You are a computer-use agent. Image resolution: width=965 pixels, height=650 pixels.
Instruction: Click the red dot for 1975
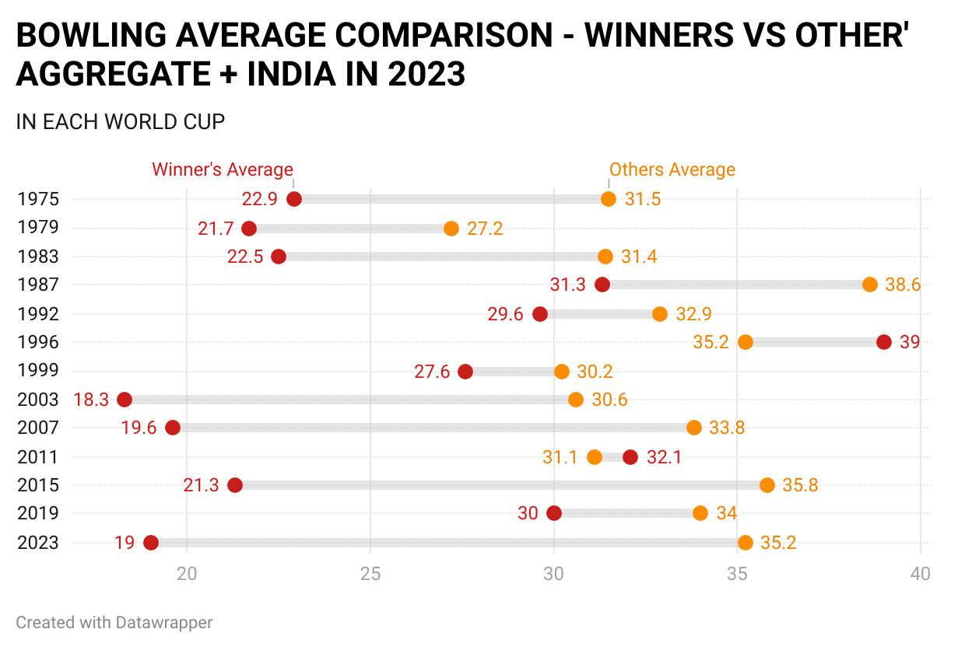[294, 199]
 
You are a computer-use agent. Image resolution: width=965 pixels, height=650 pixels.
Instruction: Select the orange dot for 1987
[870, 285]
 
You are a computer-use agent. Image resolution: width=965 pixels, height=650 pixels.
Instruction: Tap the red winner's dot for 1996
[884, 342]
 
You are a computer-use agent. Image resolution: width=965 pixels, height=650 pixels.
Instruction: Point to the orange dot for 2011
[595, 457]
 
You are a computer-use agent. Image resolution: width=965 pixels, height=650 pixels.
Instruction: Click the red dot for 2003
[125, 400]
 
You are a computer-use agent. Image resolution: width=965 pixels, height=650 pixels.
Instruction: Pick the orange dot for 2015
[767, 485]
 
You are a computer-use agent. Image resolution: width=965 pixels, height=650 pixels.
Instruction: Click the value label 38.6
[903, 285]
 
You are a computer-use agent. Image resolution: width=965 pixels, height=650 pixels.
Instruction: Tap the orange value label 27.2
[485, 229]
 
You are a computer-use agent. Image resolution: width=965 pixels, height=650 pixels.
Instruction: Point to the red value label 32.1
[664, 457]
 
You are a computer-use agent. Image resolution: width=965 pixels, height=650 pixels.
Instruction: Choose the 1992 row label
[38, 314]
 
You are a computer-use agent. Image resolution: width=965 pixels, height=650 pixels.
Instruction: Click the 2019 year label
[38, 513]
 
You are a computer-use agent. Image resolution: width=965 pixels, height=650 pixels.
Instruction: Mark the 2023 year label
[38, 543]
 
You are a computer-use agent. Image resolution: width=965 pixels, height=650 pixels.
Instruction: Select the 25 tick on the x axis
[370, 574]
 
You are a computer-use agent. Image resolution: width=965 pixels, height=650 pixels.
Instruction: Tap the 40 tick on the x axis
[921, 574]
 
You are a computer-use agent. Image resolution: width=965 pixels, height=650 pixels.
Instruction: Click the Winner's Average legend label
[223, 169]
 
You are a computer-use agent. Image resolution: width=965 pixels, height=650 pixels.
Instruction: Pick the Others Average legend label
[672, 169]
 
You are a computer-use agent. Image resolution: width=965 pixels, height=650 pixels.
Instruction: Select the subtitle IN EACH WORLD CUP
[121, 122]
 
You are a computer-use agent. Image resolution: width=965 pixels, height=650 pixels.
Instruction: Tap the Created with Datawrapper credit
[114, 622]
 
